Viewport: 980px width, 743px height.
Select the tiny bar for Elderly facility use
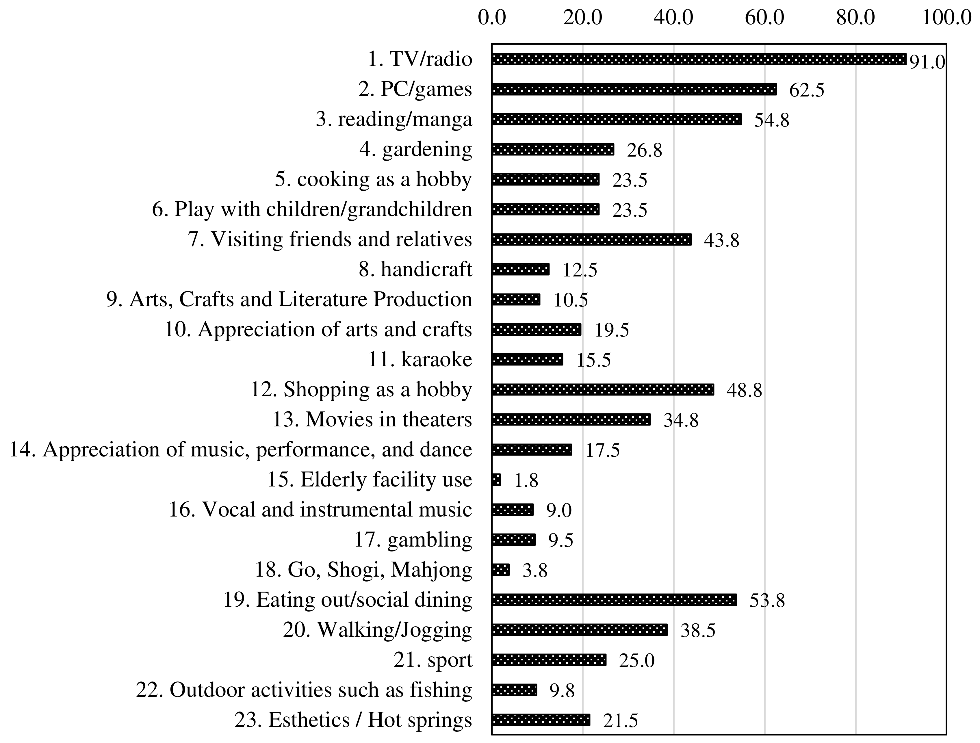[496, 480]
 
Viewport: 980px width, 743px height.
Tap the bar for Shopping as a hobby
[602, 390]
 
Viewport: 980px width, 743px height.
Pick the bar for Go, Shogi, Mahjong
[501, 570]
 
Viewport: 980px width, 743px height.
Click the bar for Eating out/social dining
[614, 600]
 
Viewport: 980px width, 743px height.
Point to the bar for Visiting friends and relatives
[591, 240]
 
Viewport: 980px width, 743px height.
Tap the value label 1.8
[526, 481]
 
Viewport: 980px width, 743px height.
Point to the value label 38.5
[698, 630]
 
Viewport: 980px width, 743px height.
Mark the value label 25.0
[637, 661]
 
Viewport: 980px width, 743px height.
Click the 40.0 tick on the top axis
[673, 18]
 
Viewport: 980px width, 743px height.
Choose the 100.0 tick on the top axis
[946, 18]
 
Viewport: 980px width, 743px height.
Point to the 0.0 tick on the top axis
[492, 18]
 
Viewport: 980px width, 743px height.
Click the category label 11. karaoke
[420, 359]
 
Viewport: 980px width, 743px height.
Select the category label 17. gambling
[413, 540]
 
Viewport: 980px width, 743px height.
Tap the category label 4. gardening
[415, 149]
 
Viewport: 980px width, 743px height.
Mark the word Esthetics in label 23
[309, 720]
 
